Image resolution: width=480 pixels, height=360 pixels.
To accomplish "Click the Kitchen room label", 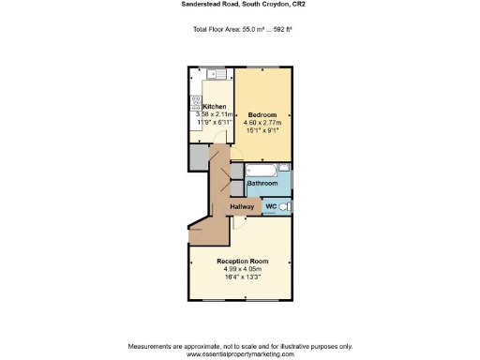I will point(214,107).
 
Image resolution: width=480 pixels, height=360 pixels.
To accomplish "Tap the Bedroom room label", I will point(262,114).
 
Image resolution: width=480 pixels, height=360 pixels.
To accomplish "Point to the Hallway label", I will point(243,205).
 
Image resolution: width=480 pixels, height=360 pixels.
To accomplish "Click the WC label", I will point(270,205).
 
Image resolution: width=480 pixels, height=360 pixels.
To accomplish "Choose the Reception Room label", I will point(242,260).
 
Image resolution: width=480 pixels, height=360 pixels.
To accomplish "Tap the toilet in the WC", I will point(284,206).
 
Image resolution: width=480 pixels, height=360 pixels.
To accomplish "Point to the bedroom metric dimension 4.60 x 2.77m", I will point(262,123).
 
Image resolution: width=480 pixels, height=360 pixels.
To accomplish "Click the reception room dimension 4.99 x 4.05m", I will point(242,268).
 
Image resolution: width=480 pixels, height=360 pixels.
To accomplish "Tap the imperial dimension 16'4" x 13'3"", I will point(242,277).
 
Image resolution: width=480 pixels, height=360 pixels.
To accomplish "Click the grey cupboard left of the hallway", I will point(197,157).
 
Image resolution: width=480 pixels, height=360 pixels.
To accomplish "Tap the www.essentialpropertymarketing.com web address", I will point(240,354).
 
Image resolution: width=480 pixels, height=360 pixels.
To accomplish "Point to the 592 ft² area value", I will point(277,29).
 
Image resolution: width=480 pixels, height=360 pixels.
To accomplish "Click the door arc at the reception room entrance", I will point(239,221).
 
